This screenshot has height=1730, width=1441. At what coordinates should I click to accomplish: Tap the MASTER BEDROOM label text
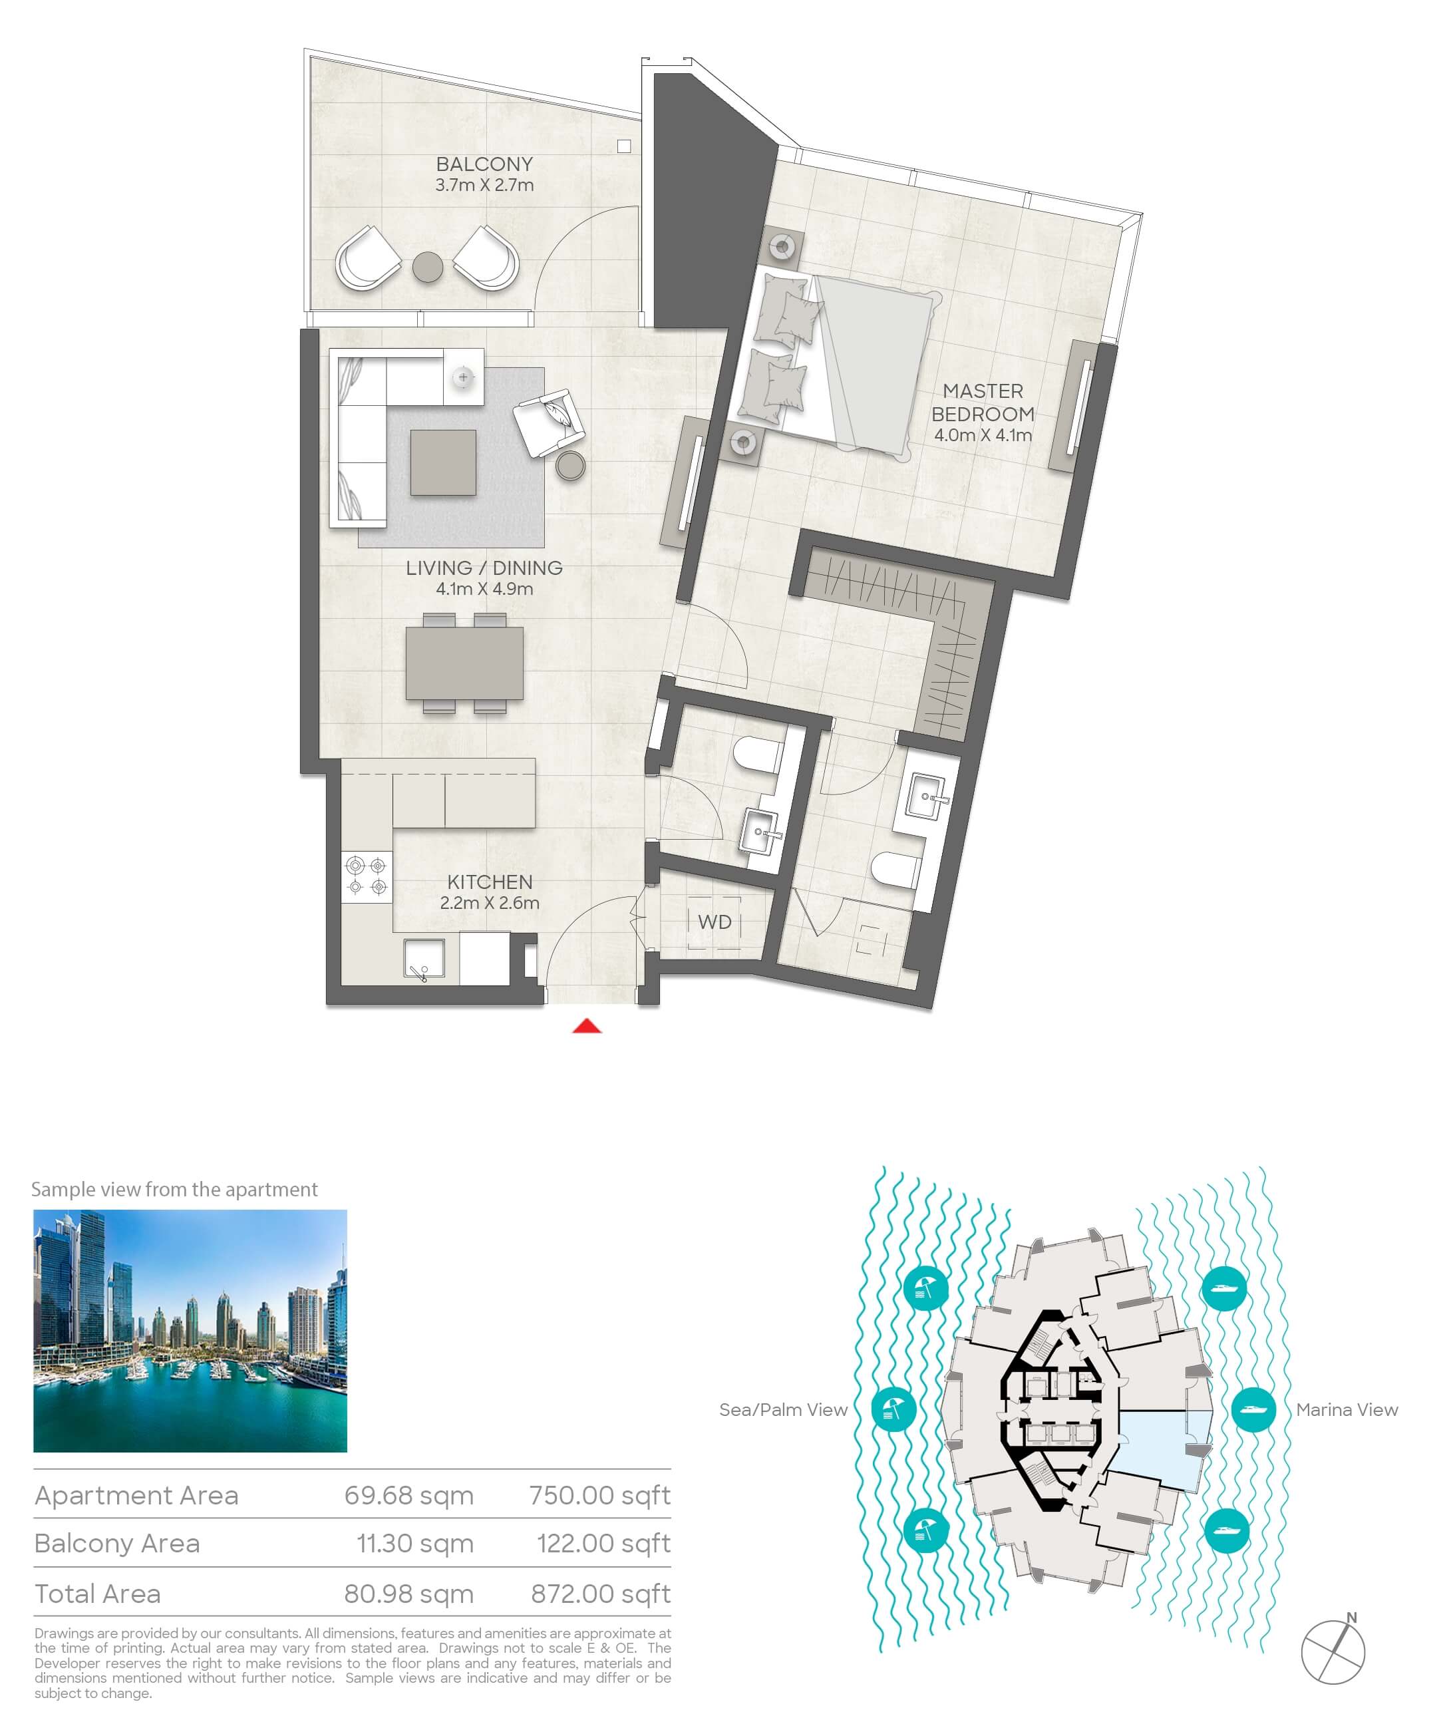click(983, 402)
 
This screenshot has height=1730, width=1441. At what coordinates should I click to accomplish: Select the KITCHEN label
click(490, 882)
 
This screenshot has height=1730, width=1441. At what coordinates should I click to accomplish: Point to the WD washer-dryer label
click(715, 922)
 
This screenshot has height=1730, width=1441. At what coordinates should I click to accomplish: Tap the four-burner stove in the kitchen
click(367, 876)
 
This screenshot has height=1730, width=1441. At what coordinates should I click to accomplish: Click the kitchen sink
click(424, 959)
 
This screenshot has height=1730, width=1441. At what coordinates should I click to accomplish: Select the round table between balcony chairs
click(428, 266)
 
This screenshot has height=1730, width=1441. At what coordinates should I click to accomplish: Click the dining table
click(464, 663)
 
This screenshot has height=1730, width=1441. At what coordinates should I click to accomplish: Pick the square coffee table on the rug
click(443, 462)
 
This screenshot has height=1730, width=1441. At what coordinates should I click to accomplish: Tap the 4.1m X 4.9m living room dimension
click(484, 589)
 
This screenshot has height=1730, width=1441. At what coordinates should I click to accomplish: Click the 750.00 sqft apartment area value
click(600, 1495)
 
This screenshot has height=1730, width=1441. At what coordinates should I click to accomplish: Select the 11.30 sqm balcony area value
click(414, 1543)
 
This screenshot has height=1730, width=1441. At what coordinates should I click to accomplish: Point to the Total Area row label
click(97, 1594)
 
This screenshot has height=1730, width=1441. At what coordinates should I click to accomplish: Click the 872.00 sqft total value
click(601, 1594)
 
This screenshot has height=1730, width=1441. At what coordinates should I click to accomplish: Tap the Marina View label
click(1347, 1409)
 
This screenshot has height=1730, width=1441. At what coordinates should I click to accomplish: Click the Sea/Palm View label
click(784, 1409)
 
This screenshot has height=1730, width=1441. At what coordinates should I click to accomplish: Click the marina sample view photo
click(190, 1331)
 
